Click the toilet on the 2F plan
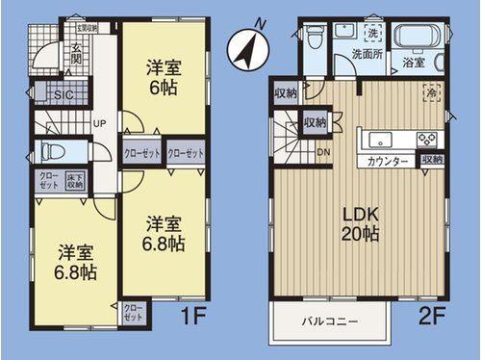coord(314,39)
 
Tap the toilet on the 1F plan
coord(51,152)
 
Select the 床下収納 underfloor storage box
coord(76,179)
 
